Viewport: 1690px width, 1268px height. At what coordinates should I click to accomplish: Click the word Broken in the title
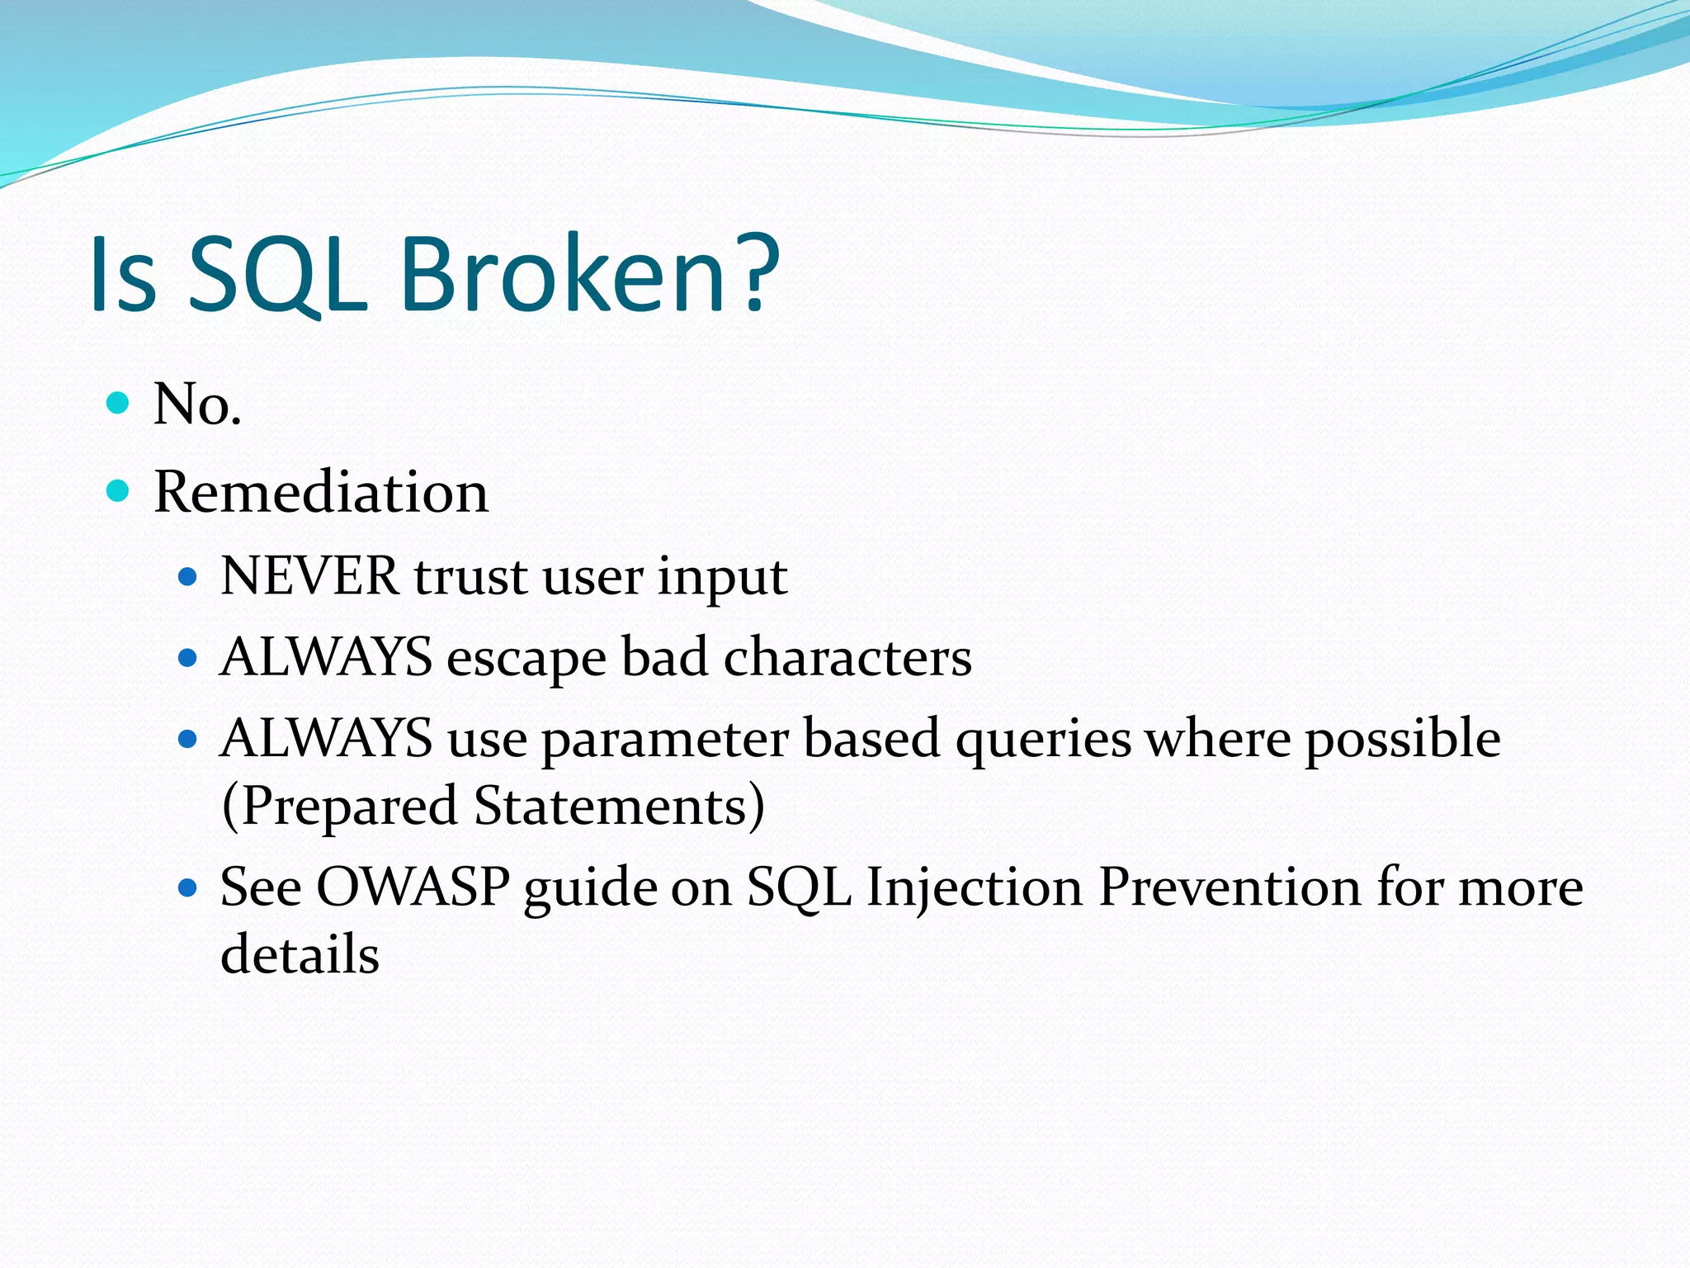[563, 274]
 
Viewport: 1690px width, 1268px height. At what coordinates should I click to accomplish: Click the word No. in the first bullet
[197, 405]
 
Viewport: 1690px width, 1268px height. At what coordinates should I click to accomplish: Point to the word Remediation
[321, 493]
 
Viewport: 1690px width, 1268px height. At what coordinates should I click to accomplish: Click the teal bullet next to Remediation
[119, 491]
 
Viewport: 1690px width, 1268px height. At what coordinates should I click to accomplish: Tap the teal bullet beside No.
[119, 403]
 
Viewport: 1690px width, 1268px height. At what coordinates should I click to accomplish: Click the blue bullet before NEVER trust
[188, 576]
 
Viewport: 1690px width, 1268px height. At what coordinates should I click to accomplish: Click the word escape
[526, 659]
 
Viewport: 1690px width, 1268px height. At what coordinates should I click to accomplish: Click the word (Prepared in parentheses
[339, 807]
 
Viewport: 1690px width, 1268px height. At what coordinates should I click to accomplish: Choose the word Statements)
[620, 807]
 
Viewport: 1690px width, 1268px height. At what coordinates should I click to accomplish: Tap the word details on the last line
[300, 955]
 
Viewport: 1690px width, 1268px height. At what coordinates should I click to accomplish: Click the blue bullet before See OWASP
[188, 888]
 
